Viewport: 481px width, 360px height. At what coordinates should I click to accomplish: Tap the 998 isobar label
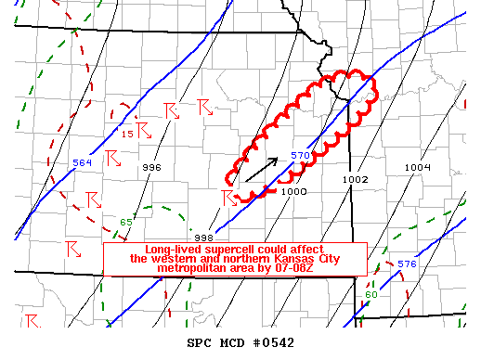(204, 237)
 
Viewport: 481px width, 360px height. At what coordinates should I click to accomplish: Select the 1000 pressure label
(293, 190)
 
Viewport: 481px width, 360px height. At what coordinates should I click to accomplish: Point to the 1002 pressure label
(356, 179)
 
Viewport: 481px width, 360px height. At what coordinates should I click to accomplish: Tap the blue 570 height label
(299, 155)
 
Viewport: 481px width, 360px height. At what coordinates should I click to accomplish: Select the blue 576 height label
(407, 264)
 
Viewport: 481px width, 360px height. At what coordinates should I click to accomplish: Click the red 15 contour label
(128, 135)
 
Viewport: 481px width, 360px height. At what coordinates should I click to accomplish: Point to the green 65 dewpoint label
(126, 222)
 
